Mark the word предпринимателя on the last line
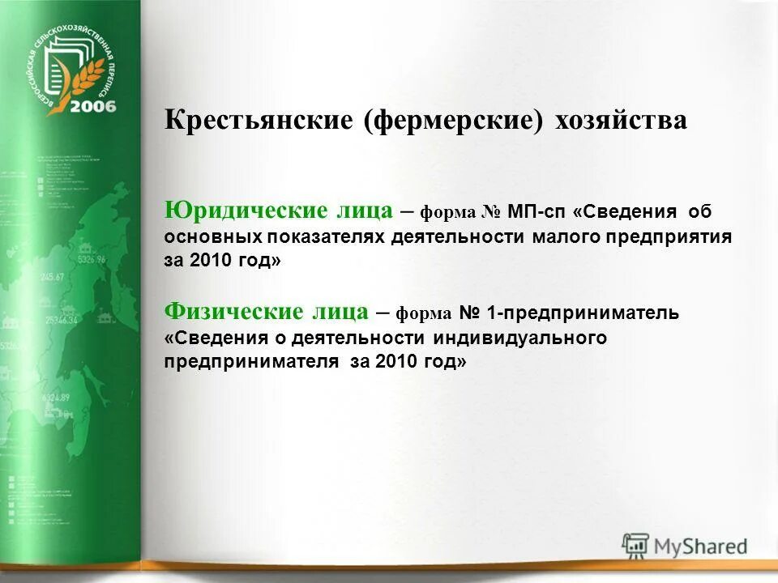coord(251,362)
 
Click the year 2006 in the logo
coord(92,106)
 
